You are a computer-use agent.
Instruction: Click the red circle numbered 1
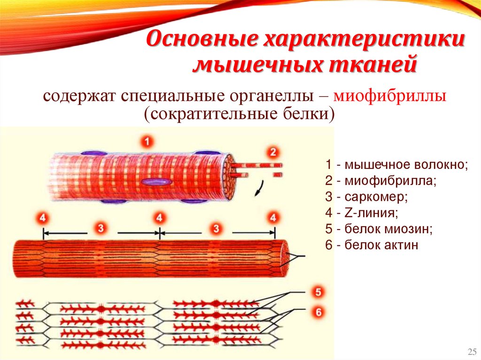(x=147, y=141)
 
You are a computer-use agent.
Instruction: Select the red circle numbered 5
(x=318, y=292)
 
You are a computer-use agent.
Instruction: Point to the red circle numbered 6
(x=318, y=311)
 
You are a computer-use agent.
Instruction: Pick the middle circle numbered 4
(x=160, y=218)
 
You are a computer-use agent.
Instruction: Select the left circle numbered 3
(x=100, y=229)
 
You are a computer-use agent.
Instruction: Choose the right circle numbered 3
(x=216, y=229)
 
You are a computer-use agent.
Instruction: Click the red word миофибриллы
(x=389, y=97)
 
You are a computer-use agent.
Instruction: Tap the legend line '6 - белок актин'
(x=371, y=245)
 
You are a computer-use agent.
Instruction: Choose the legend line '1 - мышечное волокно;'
(x=396, y=165)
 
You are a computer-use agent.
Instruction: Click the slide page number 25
(x=472, y=352)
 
